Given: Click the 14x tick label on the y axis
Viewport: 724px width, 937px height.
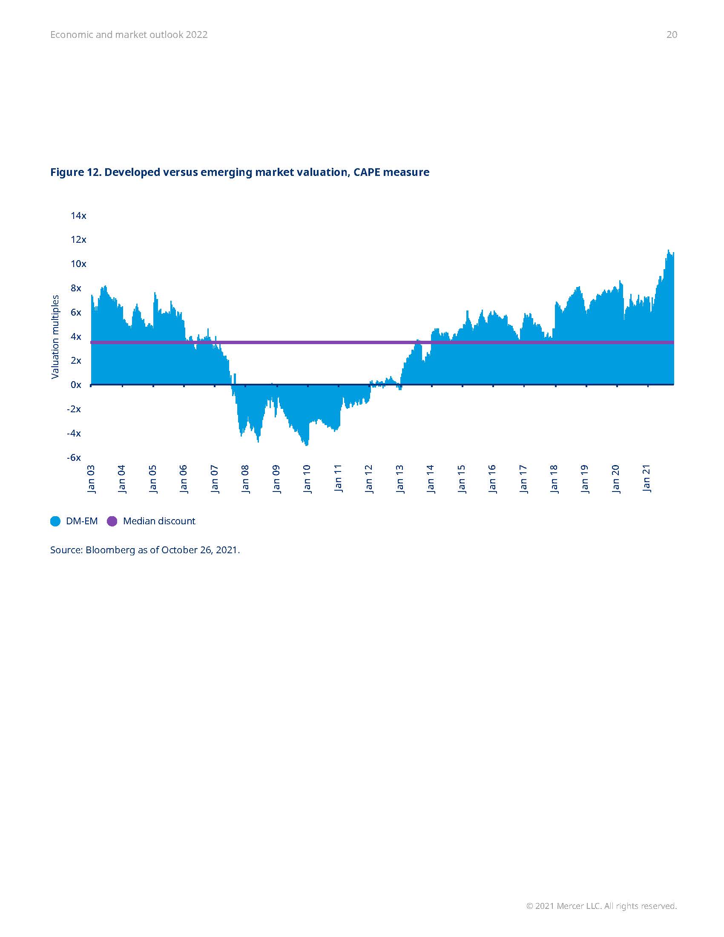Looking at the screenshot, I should [78, 216].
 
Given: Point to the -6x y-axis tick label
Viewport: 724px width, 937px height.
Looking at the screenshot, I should [74, 457].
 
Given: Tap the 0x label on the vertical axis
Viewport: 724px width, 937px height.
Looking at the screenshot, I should [76, 385].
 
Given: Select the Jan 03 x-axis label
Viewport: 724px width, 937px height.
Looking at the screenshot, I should [92, 479].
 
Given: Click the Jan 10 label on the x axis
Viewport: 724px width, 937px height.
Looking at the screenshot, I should [307, 479].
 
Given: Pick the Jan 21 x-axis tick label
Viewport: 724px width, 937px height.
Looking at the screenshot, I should [646, 479].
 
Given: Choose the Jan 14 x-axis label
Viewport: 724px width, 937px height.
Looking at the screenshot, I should [430, 479].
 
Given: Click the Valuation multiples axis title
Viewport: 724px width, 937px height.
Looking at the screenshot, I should [55, 337].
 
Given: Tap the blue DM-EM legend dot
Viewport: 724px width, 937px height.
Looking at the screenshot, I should [55, 521].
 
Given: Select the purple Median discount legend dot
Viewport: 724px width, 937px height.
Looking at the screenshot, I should [112, 521].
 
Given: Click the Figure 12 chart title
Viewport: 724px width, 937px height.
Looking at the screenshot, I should [239, 172].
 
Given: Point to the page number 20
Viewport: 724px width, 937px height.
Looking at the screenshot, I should [672, 35].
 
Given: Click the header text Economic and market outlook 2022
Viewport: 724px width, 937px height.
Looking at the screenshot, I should [129, 35].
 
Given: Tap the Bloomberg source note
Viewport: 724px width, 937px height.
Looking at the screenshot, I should [144, 550].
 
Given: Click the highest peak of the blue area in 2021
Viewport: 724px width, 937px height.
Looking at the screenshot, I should [668, 250].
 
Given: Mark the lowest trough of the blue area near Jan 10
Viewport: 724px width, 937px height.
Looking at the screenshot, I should [307, 446].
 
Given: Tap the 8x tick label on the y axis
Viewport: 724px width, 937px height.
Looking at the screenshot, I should [76, 288].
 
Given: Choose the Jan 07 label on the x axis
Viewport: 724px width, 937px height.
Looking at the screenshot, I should [215, 479].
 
